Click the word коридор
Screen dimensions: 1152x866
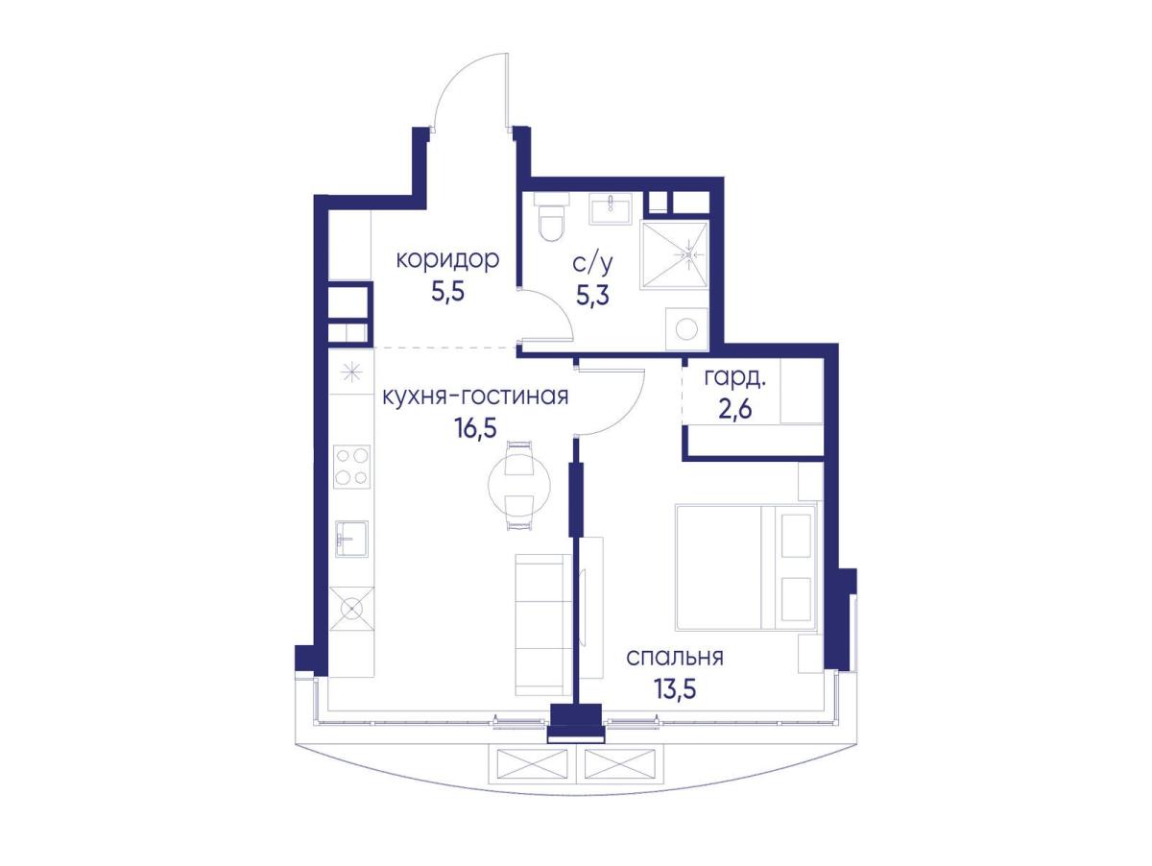coord(447,259)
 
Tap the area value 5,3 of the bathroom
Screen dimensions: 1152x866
coord(592,296)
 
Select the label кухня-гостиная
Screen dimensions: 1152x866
coord(475,397)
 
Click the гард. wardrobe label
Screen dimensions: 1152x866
coord(734,379)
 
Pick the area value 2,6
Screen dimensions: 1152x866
coord(734,409)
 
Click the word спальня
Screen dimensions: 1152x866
coord(675,657)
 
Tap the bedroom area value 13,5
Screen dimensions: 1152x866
coord(675,688)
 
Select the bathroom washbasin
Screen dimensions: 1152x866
coord(611,208)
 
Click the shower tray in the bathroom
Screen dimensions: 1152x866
coord(674,254)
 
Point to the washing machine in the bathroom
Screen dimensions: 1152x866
coord(686,328)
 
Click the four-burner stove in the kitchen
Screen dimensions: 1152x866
coord(351,467)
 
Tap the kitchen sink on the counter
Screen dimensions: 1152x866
coord(351,539)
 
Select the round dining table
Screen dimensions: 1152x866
coord(519,485)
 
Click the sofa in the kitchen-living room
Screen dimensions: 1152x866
coord(543,625)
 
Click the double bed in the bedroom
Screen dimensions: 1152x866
coord(745,567)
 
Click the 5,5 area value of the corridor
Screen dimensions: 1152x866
coord(447,292)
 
